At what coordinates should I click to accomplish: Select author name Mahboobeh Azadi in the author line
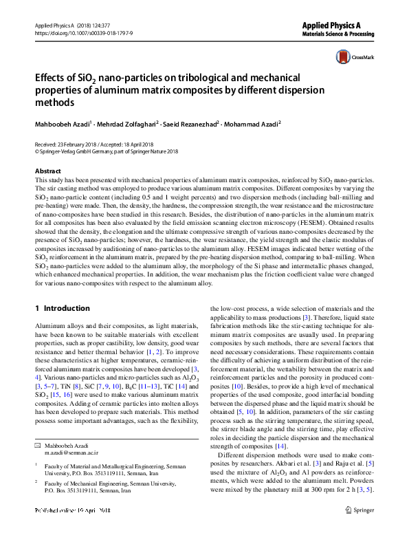[x=63, y=124]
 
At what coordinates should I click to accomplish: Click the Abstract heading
[x=47, y=171]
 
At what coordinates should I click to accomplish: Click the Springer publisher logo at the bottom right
[x=360, y=511]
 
